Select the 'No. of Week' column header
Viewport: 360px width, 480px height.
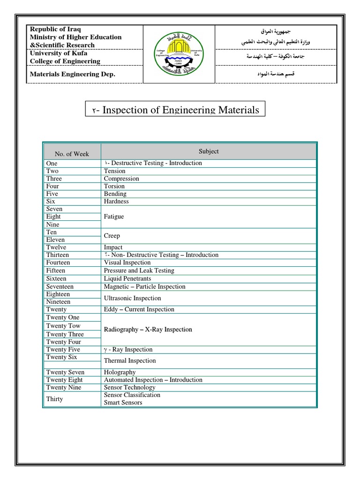coord(72,154)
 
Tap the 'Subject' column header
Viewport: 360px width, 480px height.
coord(209,151)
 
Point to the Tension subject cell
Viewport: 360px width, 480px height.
coord(114,171)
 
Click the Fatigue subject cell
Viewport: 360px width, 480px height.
coord(114,217)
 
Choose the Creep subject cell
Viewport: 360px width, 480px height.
coord(112,236)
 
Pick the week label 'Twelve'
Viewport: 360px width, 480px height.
coord(56,247)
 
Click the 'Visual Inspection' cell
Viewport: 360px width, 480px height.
coord(127,262)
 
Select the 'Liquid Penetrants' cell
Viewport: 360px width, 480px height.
coord(127,278)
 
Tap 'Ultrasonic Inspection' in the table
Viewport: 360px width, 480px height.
coord(132,298)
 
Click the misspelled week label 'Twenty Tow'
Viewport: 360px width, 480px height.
coord(63,326)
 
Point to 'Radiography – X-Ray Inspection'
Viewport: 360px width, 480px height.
coord(148,330)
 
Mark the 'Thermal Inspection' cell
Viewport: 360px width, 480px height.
coord(130,361)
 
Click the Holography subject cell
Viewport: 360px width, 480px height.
coord(120,372)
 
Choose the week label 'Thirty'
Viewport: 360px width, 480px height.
coord(54,399)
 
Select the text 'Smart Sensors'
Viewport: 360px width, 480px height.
coord(123,403)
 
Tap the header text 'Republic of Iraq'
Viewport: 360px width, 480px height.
coord(55,29)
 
